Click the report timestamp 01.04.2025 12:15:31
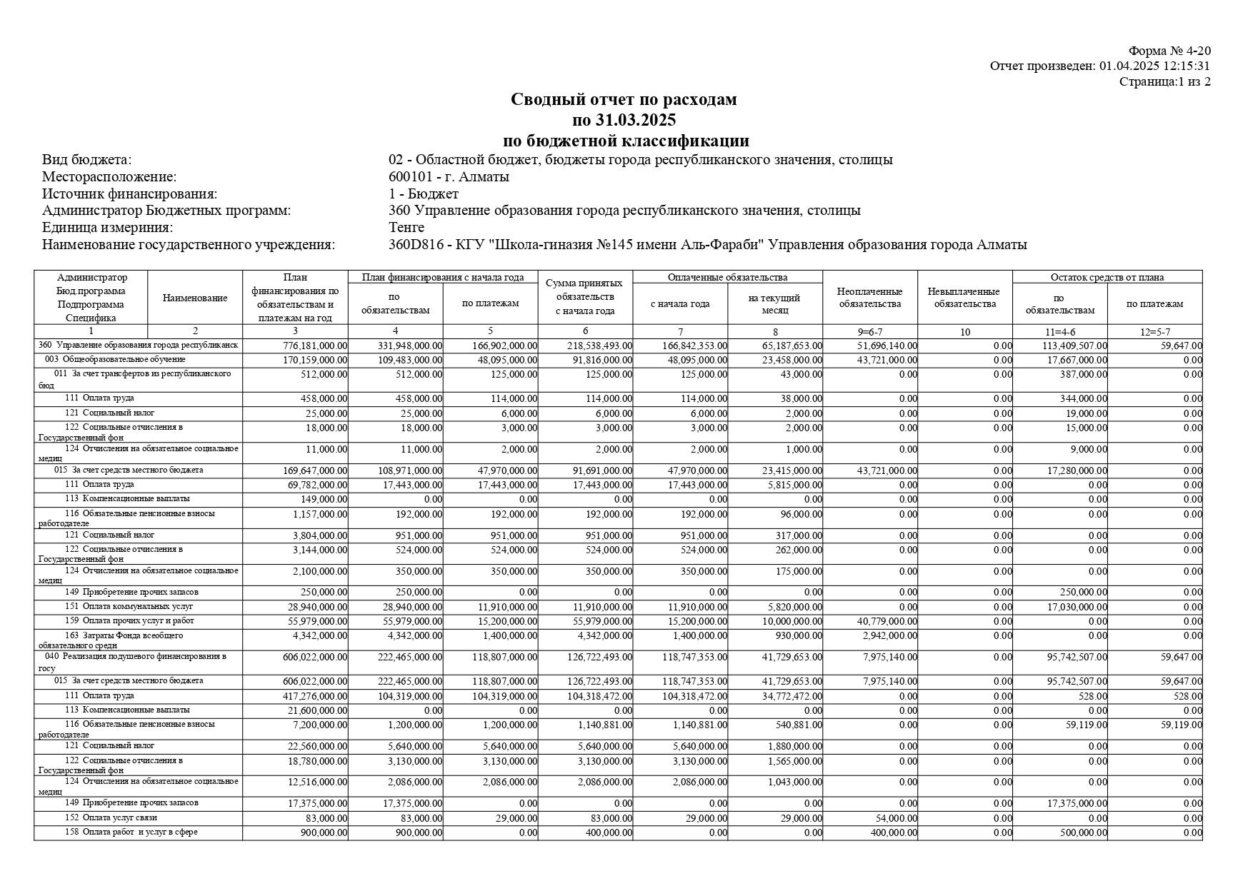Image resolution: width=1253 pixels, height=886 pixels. point(1154,66)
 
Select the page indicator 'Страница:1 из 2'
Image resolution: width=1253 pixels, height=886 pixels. point(1164,81)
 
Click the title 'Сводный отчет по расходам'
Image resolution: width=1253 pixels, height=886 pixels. point(624,99)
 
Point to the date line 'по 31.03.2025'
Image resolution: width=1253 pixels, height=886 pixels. point(624,119)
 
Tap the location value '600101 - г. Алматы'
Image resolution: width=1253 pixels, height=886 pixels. point(449,176)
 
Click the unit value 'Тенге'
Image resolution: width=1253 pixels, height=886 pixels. point(406,227)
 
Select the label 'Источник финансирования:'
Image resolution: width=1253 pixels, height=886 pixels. point(129,193)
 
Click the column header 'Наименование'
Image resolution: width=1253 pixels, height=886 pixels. point(195,298)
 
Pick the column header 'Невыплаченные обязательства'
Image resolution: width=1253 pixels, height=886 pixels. point(964,298)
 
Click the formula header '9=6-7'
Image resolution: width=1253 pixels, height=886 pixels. point(869,332)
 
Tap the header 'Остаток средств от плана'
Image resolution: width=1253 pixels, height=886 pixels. point(1107,277)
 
